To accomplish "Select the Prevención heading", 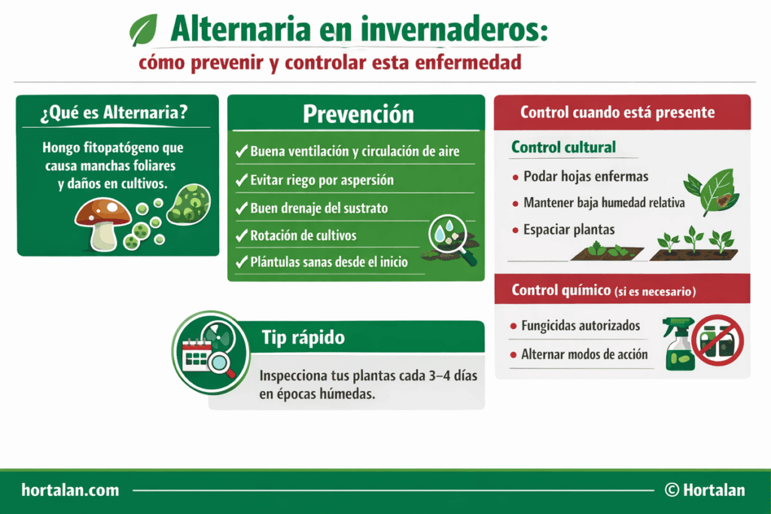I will pyautogui.click(x=358, y=114).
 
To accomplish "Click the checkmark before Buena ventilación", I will pyautogui.click(x=242, y=151).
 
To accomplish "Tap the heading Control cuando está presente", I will pyautogui.click(x=617, y=113).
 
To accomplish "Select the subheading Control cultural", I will pyautogui.click(x=563, y=148).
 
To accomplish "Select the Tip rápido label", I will pyautogui.click(x=303, y=337).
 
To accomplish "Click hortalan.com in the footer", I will pyautogui.click(x=71, y=490).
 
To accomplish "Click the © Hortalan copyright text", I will pyautogui.click(x=705, y=490).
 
